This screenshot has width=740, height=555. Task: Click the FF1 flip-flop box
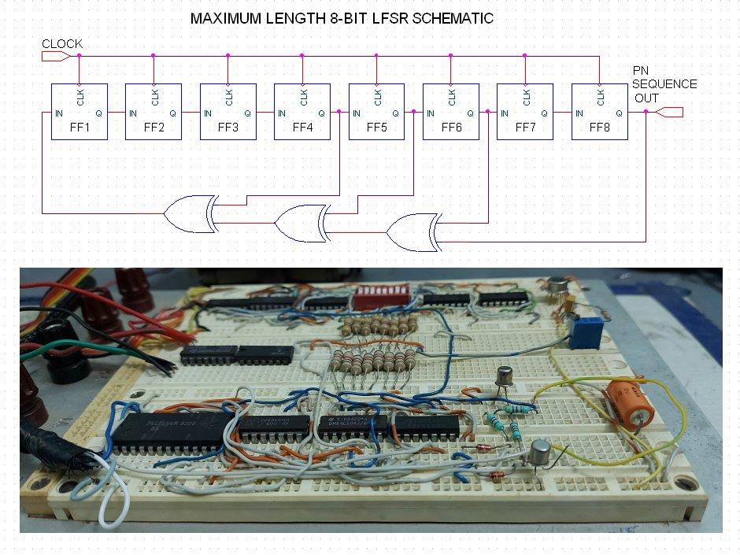coord(79,112)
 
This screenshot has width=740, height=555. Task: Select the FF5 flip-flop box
coord(376,112)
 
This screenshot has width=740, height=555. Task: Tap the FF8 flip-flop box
coord(599,112)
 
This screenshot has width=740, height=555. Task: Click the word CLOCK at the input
coord(61,44)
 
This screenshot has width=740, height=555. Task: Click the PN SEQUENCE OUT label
coord(664,84)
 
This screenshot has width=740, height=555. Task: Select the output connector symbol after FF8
coord(669,113)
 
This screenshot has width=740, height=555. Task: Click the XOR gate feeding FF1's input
coord(189,213)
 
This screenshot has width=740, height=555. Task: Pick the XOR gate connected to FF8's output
coord(413,232)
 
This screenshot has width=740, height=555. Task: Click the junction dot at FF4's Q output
coord(339,113)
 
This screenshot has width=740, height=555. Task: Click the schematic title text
coord(342,18)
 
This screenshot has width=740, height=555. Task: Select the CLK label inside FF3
coord(229,98)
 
